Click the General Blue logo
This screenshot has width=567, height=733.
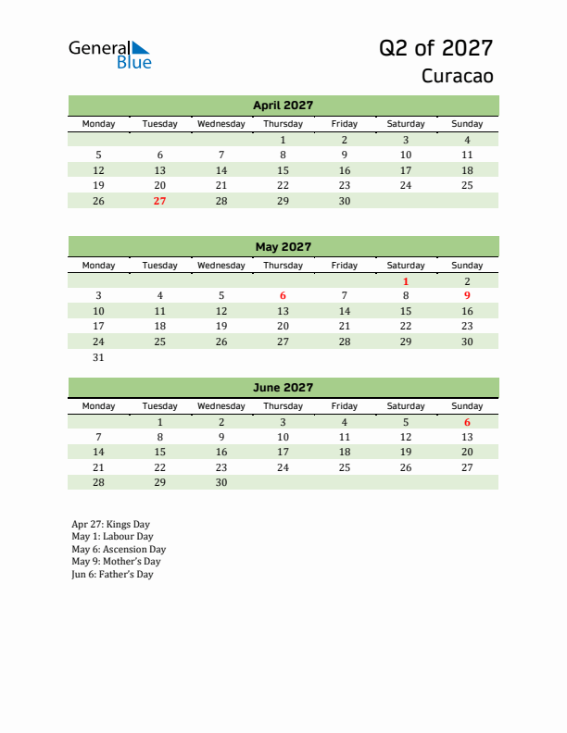(x=109, y=55)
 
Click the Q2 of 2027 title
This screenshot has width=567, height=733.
(x=435, y=48)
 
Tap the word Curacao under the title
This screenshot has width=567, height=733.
(x=457, y=76)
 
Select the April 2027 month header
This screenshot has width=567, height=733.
(x=283, y=106)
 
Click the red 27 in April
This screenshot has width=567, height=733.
(x=159, y=201)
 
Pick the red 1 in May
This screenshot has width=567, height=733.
(x=406, y=280)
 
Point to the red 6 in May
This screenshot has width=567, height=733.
(x=283, y=296)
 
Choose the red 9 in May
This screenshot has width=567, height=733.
(x=467, y=296)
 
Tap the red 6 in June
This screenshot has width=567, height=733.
(x=467, y=422)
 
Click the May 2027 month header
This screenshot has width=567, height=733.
(x=283, y=247)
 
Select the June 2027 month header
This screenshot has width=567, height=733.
(x=283, y=388)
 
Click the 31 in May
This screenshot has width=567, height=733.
(x=99, y=357)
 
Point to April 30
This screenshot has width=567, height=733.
(x=344, y=201)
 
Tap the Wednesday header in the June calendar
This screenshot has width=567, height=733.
(x=221, y=406)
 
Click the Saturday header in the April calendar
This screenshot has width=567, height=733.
(x=406, y=124)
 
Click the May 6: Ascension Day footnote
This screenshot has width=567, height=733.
(x=119, y=549)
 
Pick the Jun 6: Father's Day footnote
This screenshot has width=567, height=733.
(x=112, y=574)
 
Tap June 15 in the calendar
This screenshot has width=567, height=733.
(x=159, y=452)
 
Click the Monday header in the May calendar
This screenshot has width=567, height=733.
(x=99, y=266)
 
